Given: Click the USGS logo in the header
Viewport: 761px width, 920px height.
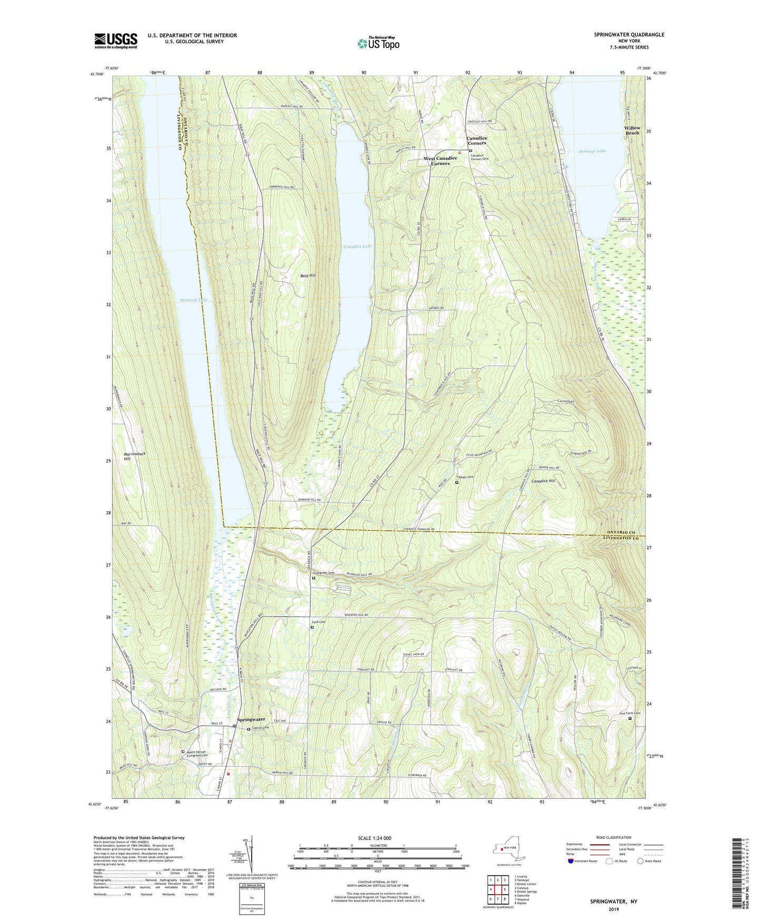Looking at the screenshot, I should click(116, 41).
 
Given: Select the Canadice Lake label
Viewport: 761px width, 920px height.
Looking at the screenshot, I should click(358, 247).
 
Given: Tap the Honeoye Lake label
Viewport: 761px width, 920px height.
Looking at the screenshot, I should click(592, 151).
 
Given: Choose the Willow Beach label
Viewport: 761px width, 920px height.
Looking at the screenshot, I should click(632, 130).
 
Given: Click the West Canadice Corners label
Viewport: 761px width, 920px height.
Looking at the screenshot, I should click(440, 161).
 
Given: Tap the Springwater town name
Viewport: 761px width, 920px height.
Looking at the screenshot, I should click(251, 719).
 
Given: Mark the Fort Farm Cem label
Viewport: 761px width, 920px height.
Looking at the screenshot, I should click(629, 713).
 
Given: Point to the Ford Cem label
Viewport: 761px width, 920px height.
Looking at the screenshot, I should click(319, 622).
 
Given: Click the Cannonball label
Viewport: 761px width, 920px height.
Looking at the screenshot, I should click(566, 402).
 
